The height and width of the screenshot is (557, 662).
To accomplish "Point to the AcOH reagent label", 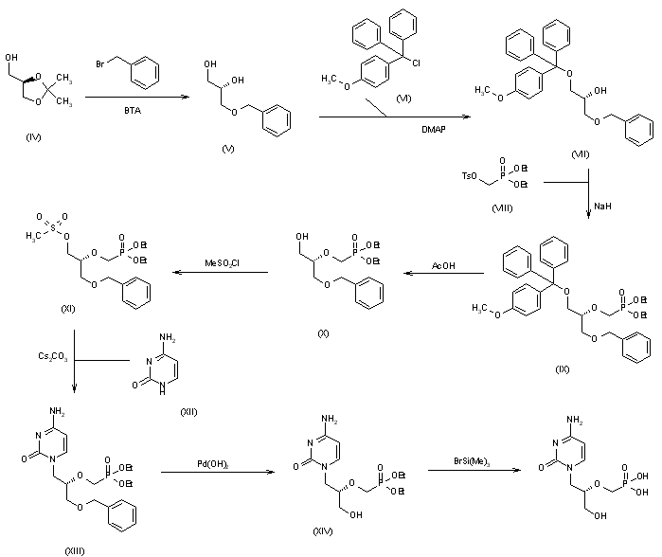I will (x=443, y=266).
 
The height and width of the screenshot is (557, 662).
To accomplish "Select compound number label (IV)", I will (x=34, y=138).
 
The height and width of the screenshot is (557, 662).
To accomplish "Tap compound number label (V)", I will (x=225, y=149).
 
